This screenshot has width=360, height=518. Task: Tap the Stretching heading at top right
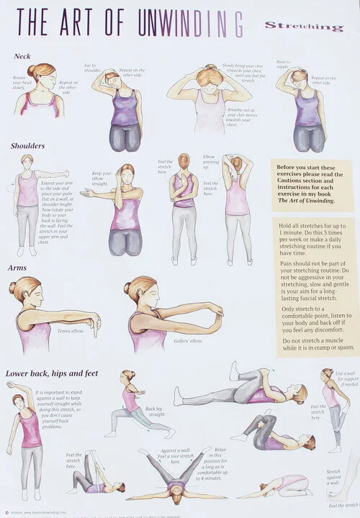click(303, 27)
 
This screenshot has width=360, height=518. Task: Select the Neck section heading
click(22, 56)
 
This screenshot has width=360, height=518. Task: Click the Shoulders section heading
click(27, 146)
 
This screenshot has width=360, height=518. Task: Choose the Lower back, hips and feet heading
click(52, 373)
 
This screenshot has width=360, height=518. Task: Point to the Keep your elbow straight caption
click(102, 178)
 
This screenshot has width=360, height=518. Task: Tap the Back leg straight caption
click(156, 410)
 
